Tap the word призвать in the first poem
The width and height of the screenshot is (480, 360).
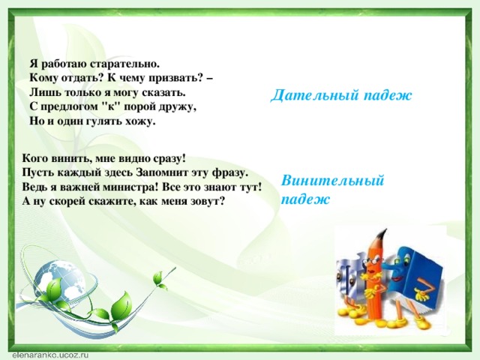176,79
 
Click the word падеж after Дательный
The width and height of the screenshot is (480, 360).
388,96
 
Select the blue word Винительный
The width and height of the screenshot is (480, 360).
332,181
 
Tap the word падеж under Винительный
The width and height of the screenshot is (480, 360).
305,199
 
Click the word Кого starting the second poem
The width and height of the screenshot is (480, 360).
35,158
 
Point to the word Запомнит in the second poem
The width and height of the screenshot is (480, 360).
163,172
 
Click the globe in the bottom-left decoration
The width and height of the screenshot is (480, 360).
59,277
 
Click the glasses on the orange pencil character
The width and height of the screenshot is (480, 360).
370,260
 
